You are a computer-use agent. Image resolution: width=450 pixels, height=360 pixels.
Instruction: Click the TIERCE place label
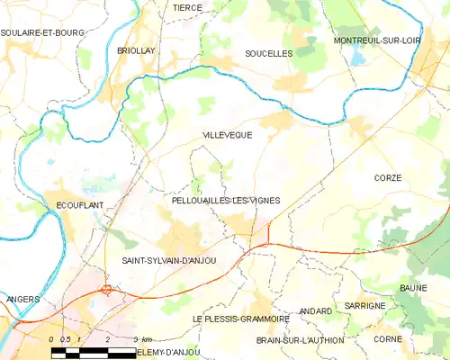tap(188, 6)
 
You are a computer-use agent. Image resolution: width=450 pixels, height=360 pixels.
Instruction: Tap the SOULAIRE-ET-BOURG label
tap(42, 32)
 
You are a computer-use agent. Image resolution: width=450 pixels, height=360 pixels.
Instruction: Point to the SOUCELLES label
tap(269, 54)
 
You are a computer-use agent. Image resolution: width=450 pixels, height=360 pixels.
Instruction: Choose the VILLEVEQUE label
tap(228, 134)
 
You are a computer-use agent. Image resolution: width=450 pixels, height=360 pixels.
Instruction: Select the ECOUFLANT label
tap(76, 204)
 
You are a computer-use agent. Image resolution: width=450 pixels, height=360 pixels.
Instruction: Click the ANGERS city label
tap(22, 299)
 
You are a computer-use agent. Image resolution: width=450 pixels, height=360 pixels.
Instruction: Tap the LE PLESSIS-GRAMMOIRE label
tap(240, 319)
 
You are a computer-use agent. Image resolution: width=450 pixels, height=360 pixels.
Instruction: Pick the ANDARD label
tap(315, 310)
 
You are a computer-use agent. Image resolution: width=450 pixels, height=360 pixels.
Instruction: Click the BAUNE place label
tap(414, 288)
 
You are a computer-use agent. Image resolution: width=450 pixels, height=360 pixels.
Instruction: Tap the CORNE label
tap(388, 338)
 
